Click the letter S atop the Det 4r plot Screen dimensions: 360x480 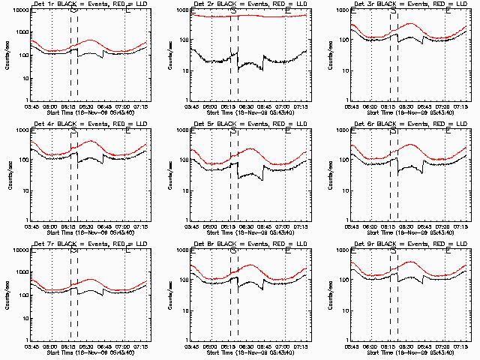point(73,131)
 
